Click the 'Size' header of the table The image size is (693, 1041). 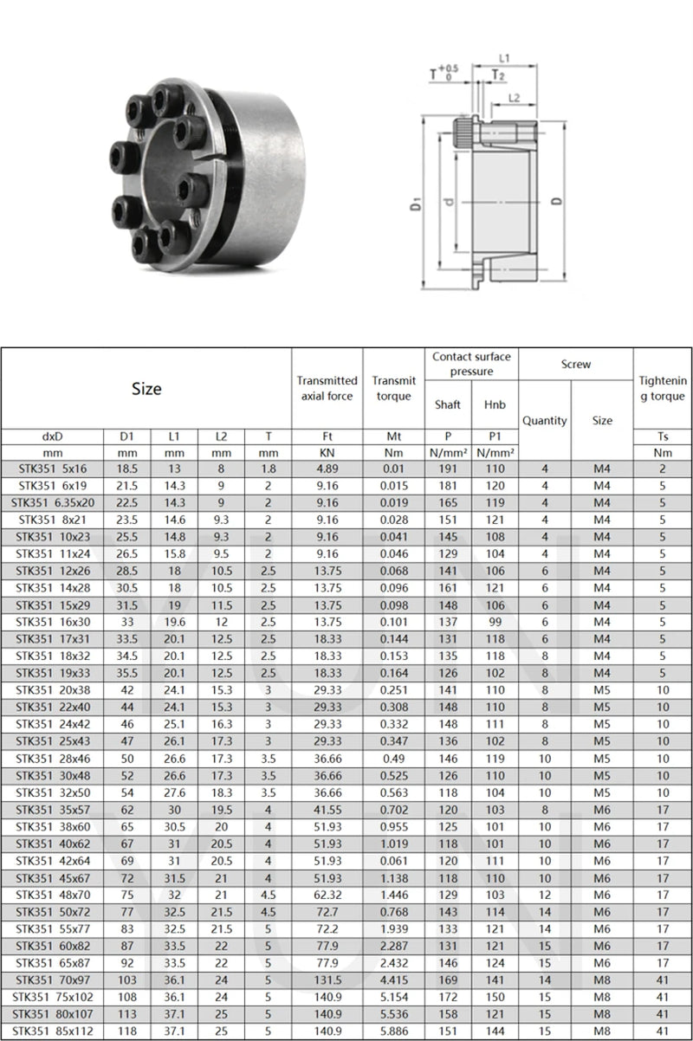click(146, 389)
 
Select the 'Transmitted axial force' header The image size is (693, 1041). click(327, 388)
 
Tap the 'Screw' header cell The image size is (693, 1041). click(575, 365)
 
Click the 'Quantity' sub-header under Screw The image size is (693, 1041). click(545, 420)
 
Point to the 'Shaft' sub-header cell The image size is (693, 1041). click(448, 404)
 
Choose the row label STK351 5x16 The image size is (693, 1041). click(54, 469)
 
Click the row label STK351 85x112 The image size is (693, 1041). click(54, 1031)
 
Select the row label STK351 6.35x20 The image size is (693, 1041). click(54, 503)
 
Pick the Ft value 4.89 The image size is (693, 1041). click(327, 469)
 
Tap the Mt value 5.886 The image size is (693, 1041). click(393, 1031)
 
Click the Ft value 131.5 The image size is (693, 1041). click(327, 980)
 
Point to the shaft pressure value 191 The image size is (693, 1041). click(448, 469)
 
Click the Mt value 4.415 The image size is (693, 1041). click(393, 980)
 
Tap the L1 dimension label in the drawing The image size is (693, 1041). click(504, 58)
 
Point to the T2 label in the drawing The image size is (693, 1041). click(499, 75)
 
